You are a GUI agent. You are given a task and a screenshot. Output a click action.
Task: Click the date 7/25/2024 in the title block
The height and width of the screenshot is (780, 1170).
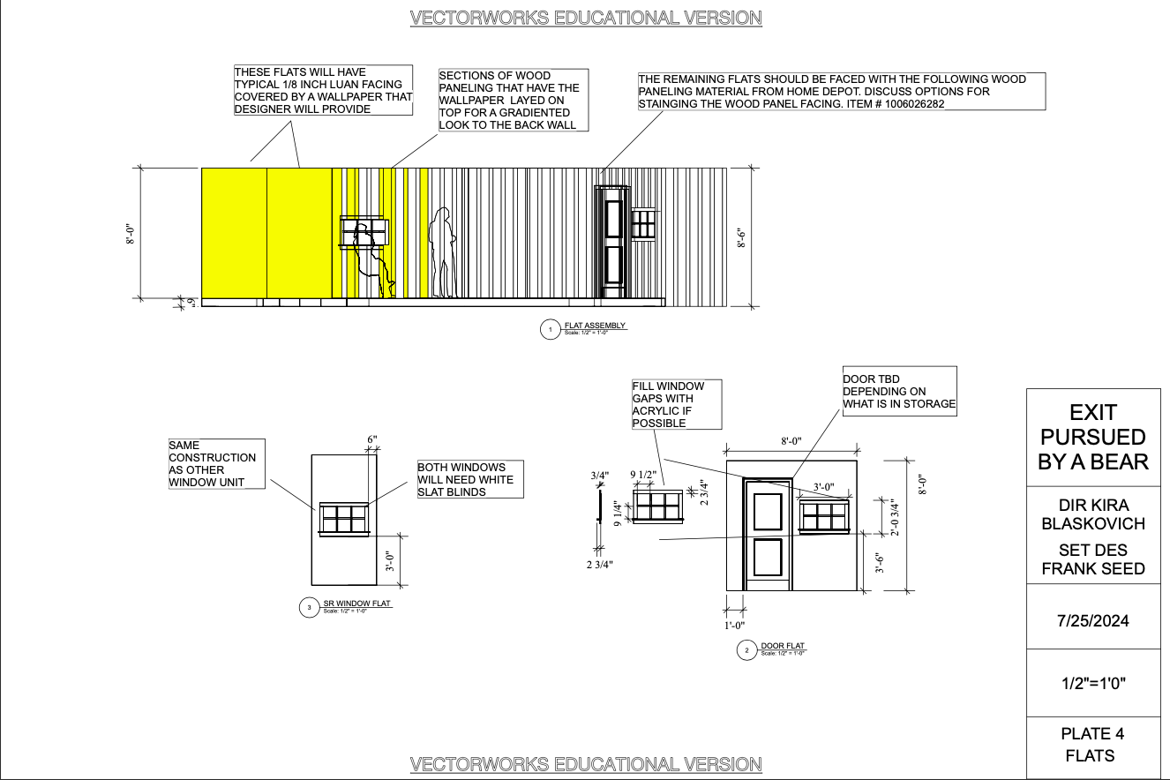(1093, 620)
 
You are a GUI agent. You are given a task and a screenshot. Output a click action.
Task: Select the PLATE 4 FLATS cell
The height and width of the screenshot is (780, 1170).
(1093, 744)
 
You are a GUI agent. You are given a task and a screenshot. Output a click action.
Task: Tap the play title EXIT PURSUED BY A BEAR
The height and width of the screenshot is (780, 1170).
(1093, 437)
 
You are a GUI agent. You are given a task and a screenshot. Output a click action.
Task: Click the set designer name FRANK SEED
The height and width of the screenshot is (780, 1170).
(1093, 559)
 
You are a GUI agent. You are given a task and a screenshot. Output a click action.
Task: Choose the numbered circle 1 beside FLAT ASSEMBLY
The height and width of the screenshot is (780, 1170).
(551, 330)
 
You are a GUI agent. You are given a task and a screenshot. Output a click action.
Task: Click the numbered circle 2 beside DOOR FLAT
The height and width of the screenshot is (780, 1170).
(747, 651)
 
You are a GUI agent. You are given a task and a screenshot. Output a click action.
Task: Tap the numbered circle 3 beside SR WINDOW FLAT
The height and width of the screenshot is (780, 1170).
(309, 607)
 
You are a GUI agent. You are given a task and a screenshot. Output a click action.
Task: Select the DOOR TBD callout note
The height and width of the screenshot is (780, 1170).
(899, 391)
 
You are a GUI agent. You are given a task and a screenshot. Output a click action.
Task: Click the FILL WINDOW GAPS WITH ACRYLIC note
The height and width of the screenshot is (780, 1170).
(676, 405)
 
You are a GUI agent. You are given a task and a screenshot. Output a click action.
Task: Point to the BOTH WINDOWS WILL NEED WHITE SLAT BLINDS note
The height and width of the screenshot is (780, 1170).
(469, 479)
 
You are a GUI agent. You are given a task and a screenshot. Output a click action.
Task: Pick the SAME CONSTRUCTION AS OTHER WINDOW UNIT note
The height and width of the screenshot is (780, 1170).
(216, 463)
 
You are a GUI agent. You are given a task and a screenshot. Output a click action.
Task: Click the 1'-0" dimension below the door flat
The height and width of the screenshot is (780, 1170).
(734, 626)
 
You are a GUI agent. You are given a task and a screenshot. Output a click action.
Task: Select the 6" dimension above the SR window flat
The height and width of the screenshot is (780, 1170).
(371, 439)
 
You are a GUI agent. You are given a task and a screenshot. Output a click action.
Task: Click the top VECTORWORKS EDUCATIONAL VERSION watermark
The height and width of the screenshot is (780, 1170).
(586, 18)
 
